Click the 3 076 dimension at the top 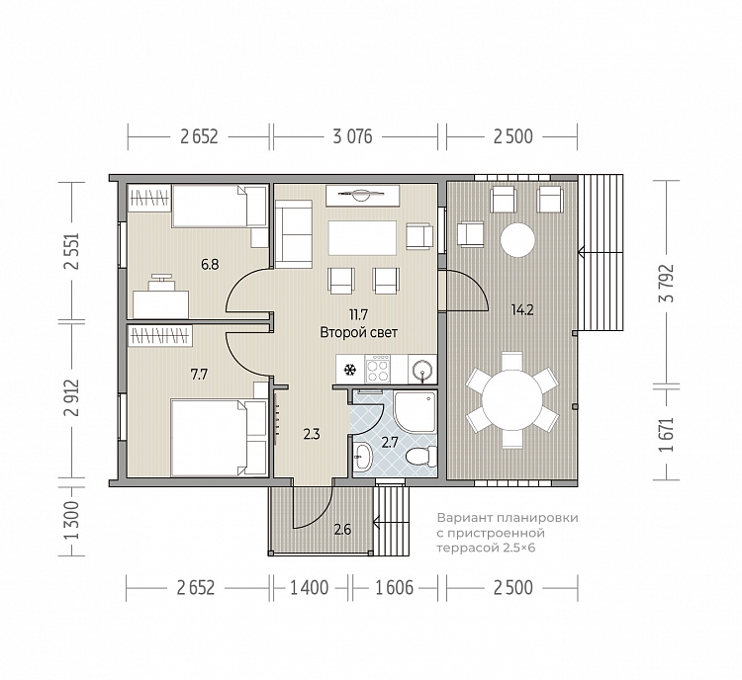352,136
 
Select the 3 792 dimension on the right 668,284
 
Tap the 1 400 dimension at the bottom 309,588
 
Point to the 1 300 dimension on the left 71,521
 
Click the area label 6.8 210,264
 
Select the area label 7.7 199,375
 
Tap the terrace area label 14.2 522,310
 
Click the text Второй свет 359,332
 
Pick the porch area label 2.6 342,529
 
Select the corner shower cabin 415,412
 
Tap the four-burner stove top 378,369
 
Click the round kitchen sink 422,370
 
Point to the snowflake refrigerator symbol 350,370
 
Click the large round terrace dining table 512,399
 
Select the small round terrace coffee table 517,240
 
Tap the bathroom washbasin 363,457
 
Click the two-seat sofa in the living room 294,234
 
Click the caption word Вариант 458,518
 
